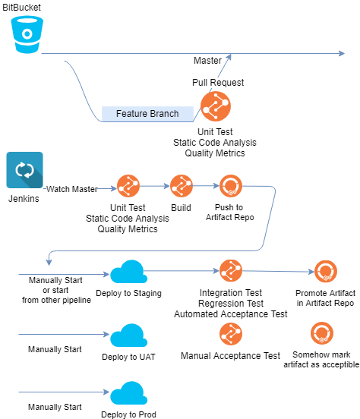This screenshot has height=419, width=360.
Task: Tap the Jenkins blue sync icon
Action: pyautogui.click(x=24, y=171)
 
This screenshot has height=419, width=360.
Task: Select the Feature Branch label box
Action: pyautogui.click(x=147, y=114)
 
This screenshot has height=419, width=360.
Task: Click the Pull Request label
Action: pyautogui.click(x=218, y=82)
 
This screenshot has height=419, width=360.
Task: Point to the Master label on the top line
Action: pyautogui.click(x=207, y=60)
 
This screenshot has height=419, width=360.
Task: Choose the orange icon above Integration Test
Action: pyautogui.click(x=230, y=271)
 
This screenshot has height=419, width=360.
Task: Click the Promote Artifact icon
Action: pyautogui.click(x=325, y=271)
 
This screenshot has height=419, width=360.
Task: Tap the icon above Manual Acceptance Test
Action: pyautogui.click(x=230, y=334)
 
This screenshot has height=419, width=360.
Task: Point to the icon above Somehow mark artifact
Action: pyautogui.click(x=322, y=334)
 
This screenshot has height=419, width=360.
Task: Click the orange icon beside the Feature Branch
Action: pyautogui.click(x=216, y=106)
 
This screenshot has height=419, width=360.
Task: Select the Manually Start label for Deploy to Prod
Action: pyautogui.click(x=55, y=408)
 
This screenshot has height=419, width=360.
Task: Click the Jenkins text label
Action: pyautogui.click(x=24, y=199)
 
